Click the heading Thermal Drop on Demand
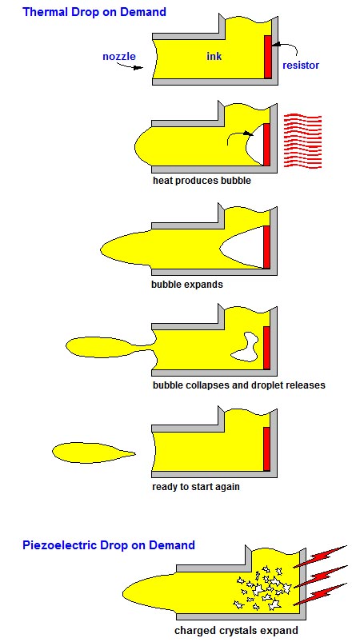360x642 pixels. point(94,11)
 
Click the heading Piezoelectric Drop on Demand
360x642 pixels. point(109,545)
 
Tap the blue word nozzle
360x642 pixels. point(119,56)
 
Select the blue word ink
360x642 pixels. point(214,56)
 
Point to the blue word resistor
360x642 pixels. point(301,65)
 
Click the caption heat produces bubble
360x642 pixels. point(202,181)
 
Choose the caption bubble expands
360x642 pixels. point(187,284)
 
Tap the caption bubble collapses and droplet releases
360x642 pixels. point(238,385)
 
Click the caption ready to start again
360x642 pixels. point(196,487)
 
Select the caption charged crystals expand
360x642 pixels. point(236,631)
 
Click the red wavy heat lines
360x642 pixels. point(302,142)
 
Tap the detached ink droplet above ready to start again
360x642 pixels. point(94,453)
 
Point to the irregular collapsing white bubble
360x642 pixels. point(245,347)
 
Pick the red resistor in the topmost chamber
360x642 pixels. point(268,57)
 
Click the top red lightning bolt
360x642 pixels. point(321,556)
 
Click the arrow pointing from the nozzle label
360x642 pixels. point(130,65)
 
